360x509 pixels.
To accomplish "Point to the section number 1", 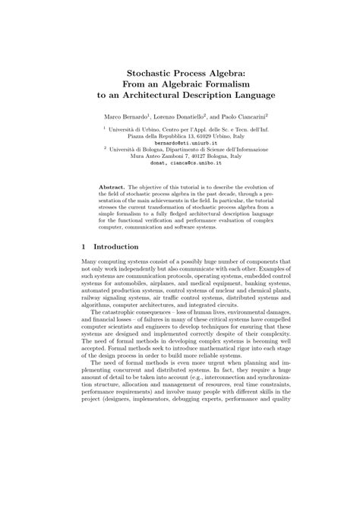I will coord(83,247).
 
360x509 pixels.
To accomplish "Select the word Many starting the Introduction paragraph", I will coord(90,262).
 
